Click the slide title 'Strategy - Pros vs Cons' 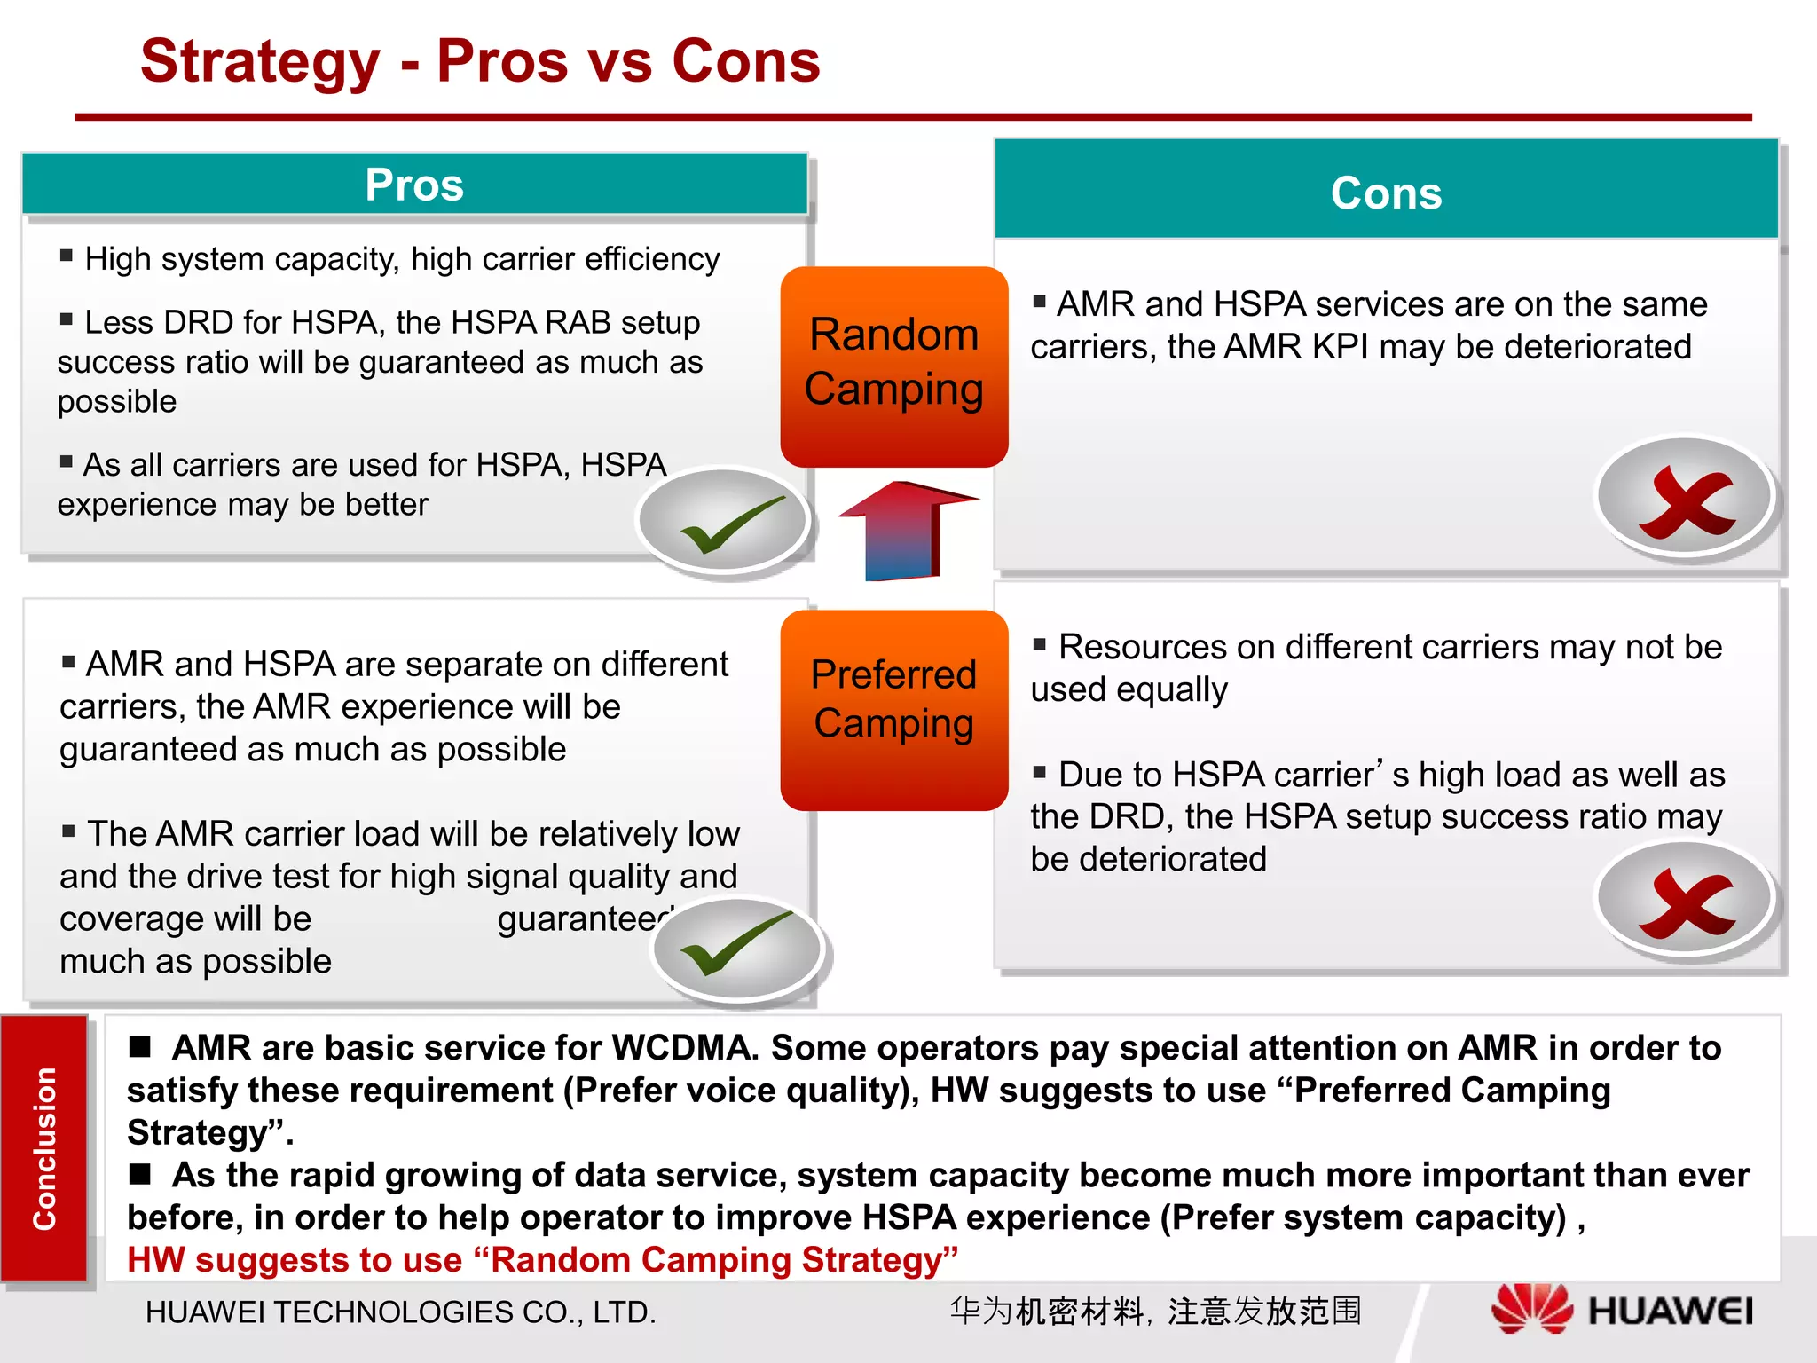(x=480, y=61)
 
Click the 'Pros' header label (x=414, y=185)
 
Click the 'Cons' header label (x=1386, y=193)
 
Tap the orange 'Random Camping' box (x=893, y=364)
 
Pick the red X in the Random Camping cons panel (x=1685, y=499)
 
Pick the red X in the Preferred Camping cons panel (x=1685, y=901)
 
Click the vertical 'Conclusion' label (x=44, y=1148)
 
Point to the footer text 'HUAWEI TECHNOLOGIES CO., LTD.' (x=400, y=1312)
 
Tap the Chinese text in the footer (x=1154, y=1311)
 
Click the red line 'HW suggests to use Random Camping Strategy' (x=542, y=1260)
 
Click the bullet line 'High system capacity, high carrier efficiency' (x=401, y=259)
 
